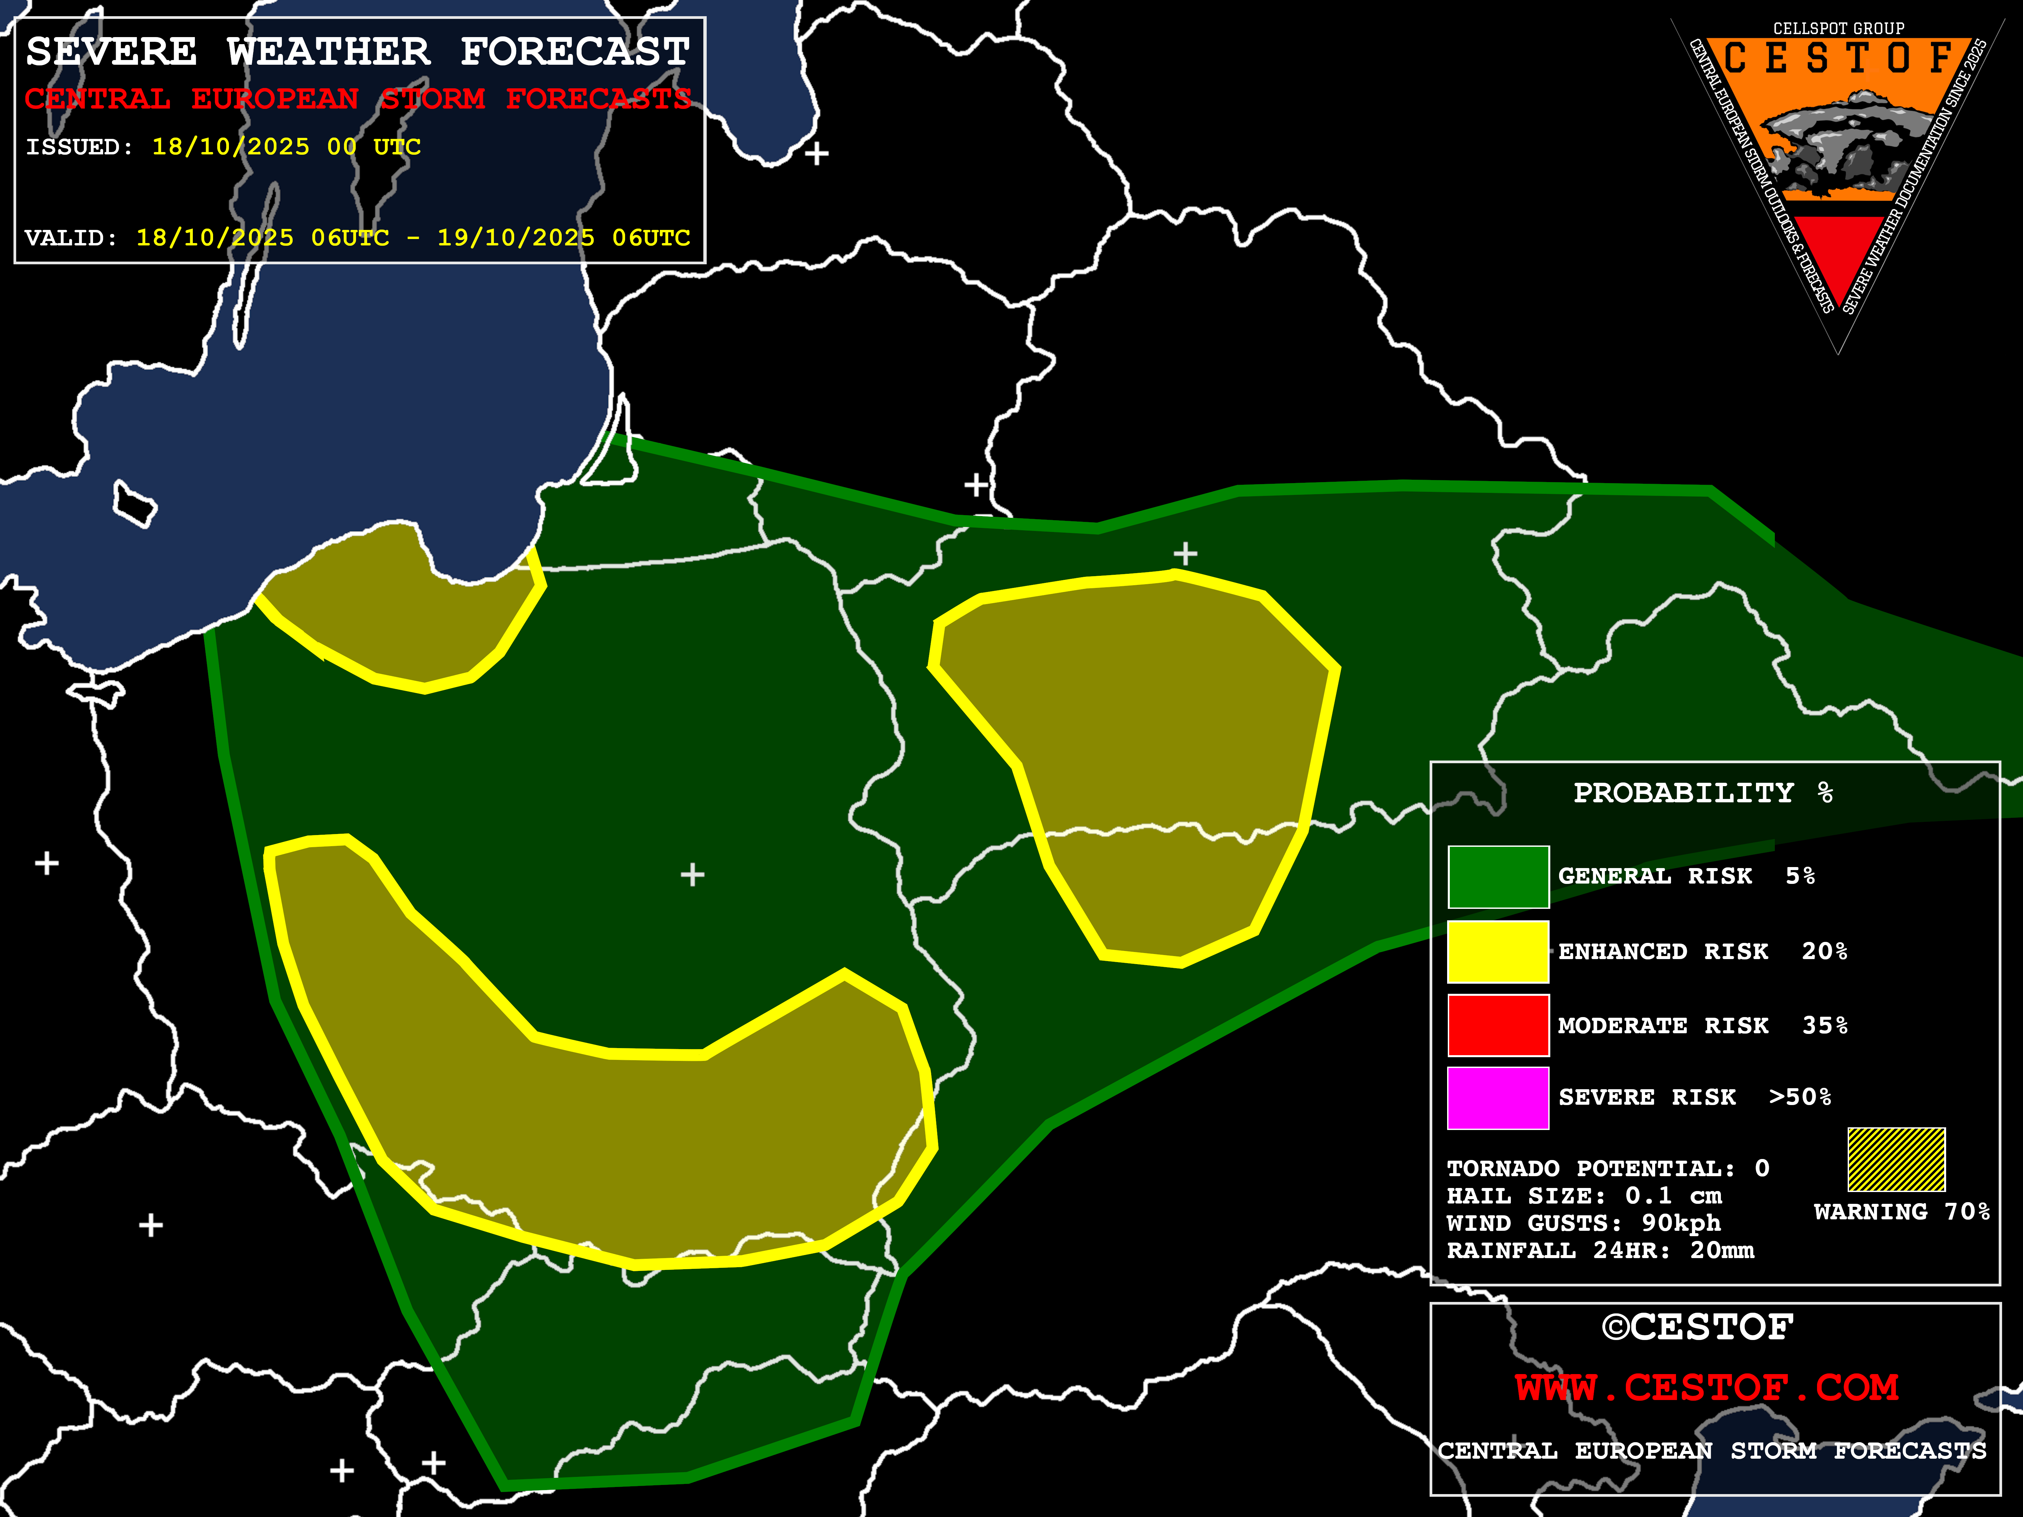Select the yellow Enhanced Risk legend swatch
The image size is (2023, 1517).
click(1498, 951)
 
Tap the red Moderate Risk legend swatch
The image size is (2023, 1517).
click(1498, 1025)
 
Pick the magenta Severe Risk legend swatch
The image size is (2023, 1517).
click(1498, 1097)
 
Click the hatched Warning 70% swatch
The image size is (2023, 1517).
click(1896, 1159)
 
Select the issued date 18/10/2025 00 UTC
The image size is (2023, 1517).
click(286, 147)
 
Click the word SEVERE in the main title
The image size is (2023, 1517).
click(112, 52)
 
